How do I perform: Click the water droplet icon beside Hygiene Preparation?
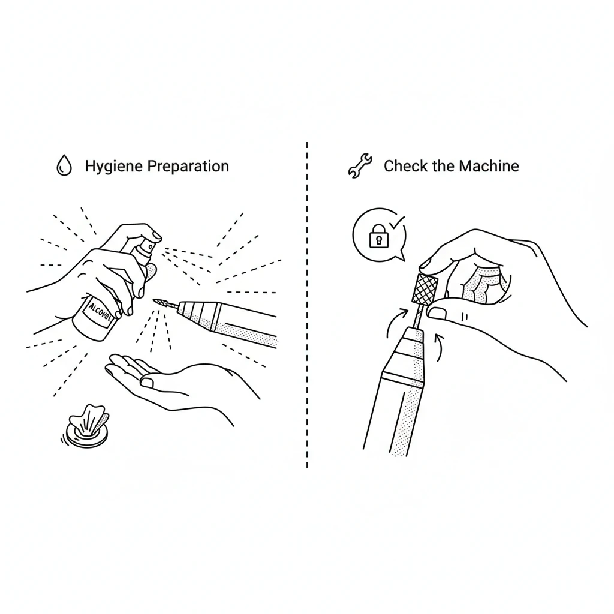(x=63, y=166)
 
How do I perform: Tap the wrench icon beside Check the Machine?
(x=360, y=166)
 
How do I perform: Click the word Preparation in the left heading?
(x=188, y=166)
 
